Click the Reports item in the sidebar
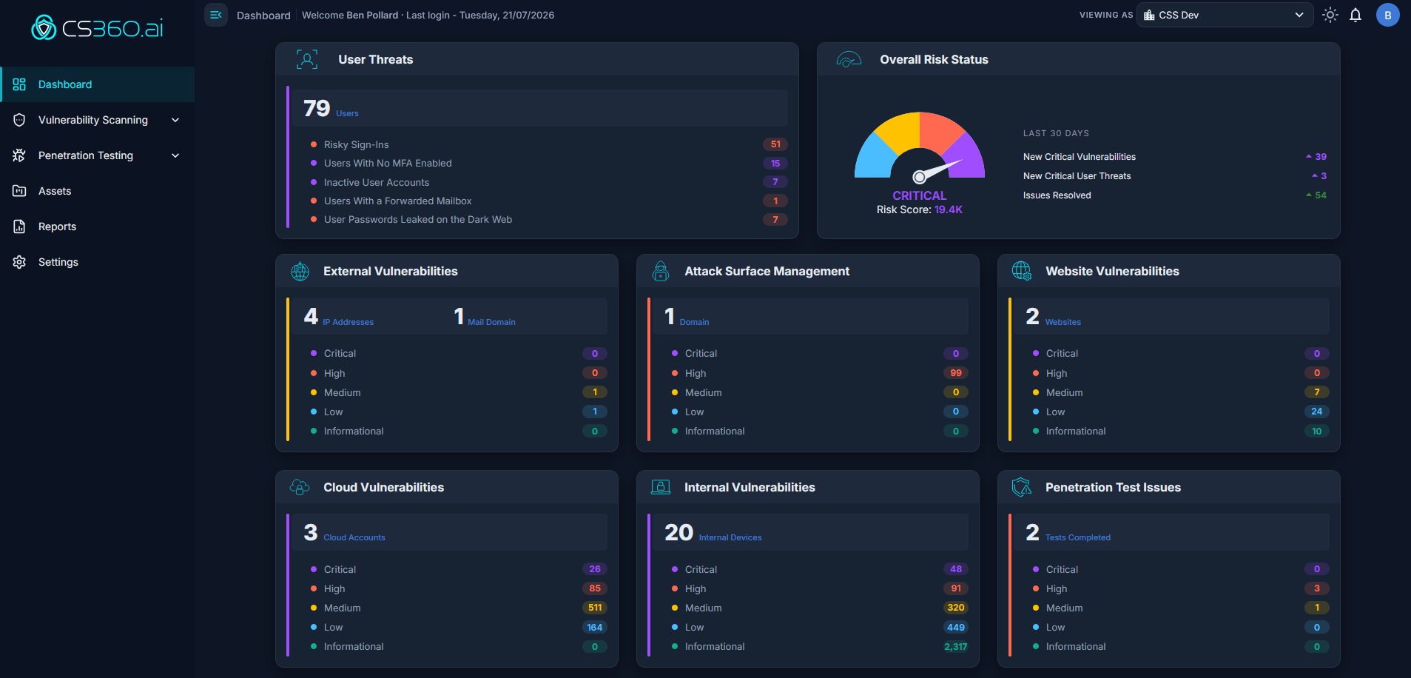tap(57, 226)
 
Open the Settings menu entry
tap(58, 262)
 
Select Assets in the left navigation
tap(55, 191)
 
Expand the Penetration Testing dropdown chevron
tap(175, 155)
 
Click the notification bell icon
tap(1356, 15)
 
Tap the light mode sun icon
tap(1330, 15)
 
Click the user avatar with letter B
tap(1388, 15)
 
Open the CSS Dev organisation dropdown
tap(1225, 15)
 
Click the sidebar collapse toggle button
tap(216, 15)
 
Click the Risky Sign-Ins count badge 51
tap(775, 144)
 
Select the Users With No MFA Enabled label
tap(388, 163)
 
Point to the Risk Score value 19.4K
tap(949, 209)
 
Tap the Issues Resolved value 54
tap(1321, 195)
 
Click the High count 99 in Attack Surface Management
tap(956, 373)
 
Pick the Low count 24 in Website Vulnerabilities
tap(1317, 412)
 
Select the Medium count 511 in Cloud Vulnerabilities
tap(595, 608)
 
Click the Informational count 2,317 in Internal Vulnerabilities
tap(956, 646)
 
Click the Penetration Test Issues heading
tap(1113, 487)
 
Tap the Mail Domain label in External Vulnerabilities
tap(491, 322)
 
